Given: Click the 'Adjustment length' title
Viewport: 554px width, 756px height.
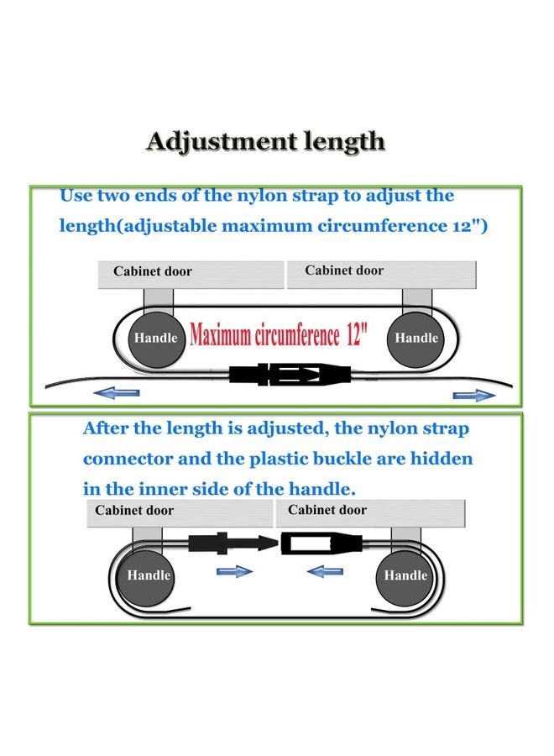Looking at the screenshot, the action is [x=265, y=142].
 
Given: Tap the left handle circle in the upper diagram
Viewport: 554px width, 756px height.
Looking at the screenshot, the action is [x=155, y=339].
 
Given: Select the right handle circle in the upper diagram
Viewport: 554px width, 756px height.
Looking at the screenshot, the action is [x=415, y=339].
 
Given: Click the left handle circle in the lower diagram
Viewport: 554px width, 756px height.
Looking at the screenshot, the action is [x=149, y=576].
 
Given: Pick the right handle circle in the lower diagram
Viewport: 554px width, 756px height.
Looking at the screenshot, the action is [x=405, y=576].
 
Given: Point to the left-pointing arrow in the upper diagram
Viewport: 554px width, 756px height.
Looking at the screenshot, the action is [x=117, y=393].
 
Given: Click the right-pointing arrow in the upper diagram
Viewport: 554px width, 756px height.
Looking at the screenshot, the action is [x=474, y=396].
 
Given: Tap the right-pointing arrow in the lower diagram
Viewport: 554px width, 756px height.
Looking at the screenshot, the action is [x=234, y=571].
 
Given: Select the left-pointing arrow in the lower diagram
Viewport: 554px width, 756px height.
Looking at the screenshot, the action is [x=325, y=571].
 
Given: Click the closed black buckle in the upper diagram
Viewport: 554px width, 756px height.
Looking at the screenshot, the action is [x=290, y=374].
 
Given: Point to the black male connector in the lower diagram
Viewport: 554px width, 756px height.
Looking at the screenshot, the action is [x=233, y=543].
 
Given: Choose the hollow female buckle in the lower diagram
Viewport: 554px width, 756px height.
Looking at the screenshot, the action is [x=321, y=543].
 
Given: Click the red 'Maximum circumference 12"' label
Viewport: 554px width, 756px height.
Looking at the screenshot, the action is [x=279, y=334].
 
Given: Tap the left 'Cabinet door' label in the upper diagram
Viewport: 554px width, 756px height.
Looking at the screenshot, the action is [x=153, y=271].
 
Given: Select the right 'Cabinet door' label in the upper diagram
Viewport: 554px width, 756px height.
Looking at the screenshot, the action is [x=344, y=270].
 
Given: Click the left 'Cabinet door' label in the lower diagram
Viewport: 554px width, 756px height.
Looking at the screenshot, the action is [x=134, y=510].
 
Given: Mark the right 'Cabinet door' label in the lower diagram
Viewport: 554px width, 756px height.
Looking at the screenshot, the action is [x=327, y=510].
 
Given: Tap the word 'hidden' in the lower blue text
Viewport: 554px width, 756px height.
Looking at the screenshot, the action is [x=442, y=459].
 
